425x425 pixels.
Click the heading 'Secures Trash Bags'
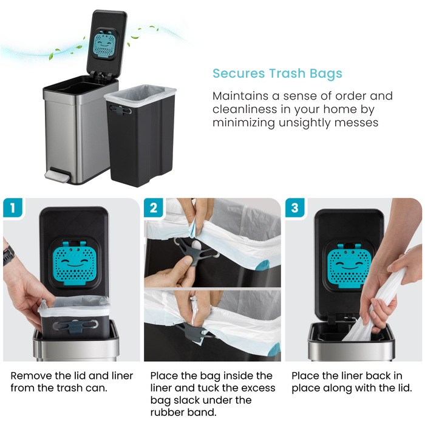pyautogui.click(x=277, y=74)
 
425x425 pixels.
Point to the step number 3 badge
pyautogui.click(x=295, y=208)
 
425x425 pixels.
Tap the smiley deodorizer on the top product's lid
pyautogui.click(x=110, y=44)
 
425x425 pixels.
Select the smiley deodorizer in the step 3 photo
pyautogui.click(x=348, y=262)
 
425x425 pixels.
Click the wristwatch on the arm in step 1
pyautogui.click(x=7, y=255)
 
